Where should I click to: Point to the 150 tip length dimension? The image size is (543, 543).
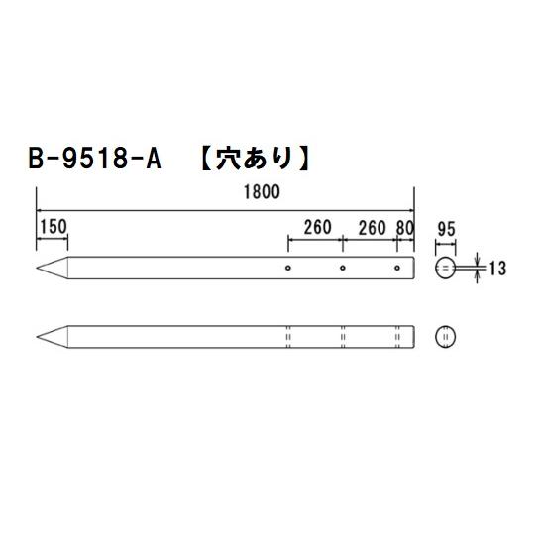(x=53, y=226)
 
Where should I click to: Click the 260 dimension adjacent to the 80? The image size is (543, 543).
(x=371, y=227)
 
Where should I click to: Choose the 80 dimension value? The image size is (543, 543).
(x=403, y=227)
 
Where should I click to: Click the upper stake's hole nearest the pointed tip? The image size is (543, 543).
(x=288, y=268)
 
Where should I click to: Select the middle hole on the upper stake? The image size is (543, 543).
(x=342, y=268)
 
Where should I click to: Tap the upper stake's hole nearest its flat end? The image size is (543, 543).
(x=396, y=268)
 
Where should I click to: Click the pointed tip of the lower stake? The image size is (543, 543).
(x=39, y=335)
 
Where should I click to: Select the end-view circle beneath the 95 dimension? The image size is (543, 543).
(x=445, y=268)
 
